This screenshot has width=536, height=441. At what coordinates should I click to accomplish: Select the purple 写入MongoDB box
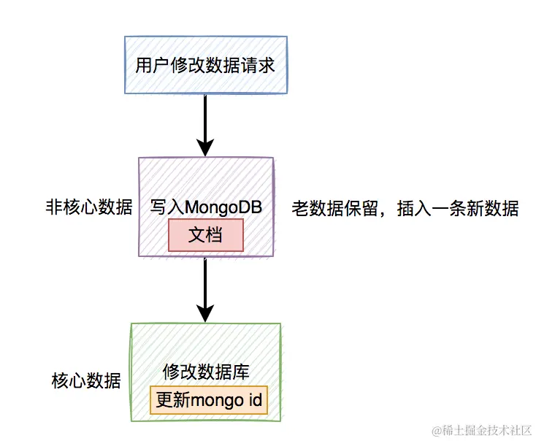pyautogui.click(x=205, y=183)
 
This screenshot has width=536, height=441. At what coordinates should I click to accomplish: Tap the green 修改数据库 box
pyautogui.click(x=205, y=344)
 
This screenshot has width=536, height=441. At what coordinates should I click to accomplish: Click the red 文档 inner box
pyautogui.click(x=205, y=235)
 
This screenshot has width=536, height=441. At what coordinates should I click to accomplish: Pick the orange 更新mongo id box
pyautogui.click(x=210, y=400)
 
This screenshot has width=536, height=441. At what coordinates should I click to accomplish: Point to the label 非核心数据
pyautogui.click(x=88, y=207)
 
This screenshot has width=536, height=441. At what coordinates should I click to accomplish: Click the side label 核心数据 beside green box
pyautogui.click(x=85, y=380)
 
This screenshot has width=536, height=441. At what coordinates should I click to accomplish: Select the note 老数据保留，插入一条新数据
pyautogui.click(x=405, y=209)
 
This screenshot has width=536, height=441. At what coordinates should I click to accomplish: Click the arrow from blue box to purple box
pyautogui.click(x=205, y=124)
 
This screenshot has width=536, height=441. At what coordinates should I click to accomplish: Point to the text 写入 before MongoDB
pyautogui.click(x=166, y=207)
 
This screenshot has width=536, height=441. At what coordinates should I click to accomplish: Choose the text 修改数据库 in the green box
pyautogui.click(x=206, y=372)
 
